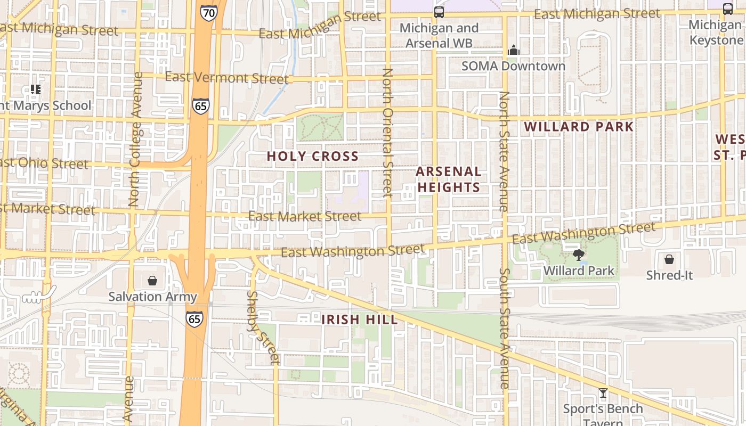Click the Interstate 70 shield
coord(209,12)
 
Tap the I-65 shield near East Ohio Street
coord(201,106)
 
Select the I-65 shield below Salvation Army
coord(194,318)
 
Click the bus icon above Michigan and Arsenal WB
coord(439,12)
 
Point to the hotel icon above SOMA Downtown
coord(513,50)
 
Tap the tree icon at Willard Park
coord(578,255)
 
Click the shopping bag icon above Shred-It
coord(669,259)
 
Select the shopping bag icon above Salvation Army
coord(152,280)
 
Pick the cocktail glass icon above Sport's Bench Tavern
coord(603,394)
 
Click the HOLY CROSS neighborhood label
coord(312,156)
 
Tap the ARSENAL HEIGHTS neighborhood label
coord(449,179)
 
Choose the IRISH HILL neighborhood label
coord(360,319)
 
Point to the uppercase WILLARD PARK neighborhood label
coord(579,127)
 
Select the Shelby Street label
coord(263,327)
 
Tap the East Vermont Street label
coord(226,78)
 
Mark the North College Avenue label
coord(135,139)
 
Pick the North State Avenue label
coord(504,151)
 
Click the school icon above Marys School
coord(35,89)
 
